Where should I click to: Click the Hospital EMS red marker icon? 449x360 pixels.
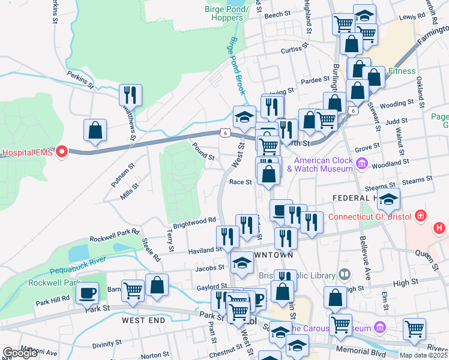(x=61, y=153)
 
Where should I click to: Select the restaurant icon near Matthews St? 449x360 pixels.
(x=130, y=94)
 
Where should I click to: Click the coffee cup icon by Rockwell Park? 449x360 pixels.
(x=88, y=293)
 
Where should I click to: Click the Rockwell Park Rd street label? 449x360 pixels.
(x=114, y=235)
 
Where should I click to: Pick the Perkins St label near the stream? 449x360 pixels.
(x=80, y=79)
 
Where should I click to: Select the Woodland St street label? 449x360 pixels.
(x=391, y=163)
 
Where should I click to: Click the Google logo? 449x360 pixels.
(x=20, y=353)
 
